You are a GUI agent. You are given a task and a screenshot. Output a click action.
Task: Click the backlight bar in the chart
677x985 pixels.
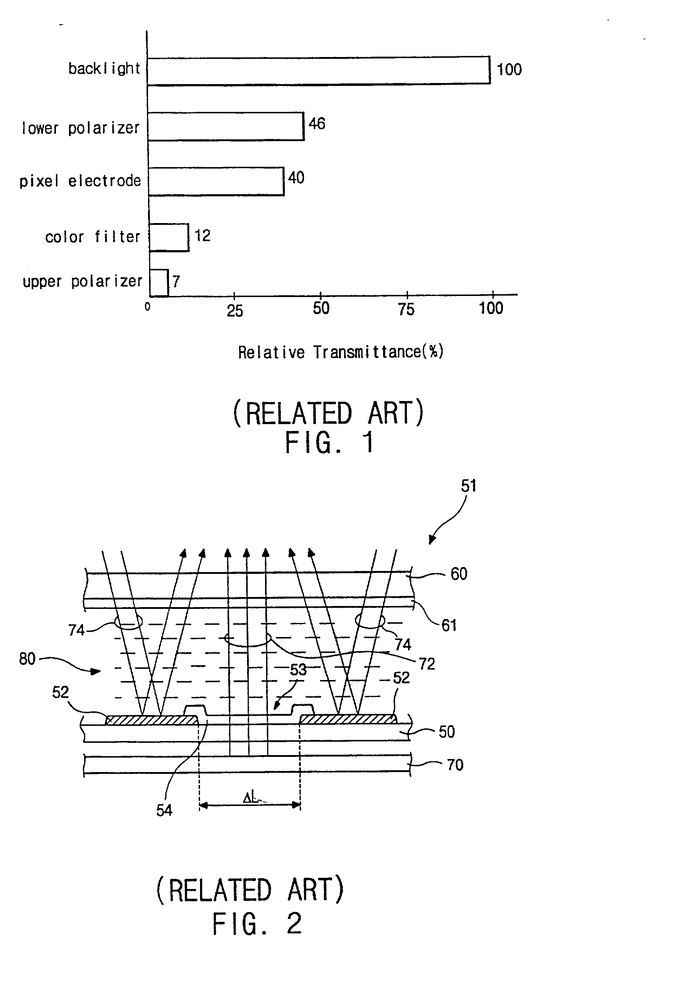[x=318, y=70]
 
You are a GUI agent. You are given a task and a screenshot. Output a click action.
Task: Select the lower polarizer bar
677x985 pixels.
[x=226, y=126]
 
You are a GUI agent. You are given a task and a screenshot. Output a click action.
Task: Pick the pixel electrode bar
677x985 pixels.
[x=216, y=182]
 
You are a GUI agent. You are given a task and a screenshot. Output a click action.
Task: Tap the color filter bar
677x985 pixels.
[x=169, y=237]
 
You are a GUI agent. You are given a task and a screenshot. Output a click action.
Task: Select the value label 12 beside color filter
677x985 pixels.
[x=202, y=236]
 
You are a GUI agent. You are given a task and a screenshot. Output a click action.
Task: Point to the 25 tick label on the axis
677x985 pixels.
[x=235, y=311]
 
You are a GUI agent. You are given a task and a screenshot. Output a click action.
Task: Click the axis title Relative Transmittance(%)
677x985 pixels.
[x=340, y=352]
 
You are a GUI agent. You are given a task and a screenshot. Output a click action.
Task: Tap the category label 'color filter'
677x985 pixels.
[x=92, y=237]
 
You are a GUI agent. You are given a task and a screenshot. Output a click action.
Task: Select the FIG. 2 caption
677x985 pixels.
[x=257, y=924]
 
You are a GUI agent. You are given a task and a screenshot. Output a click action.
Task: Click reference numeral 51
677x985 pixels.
[x=468, y=486]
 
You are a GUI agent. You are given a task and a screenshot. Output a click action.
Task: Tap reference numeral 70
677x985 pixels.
[x=455, y=765]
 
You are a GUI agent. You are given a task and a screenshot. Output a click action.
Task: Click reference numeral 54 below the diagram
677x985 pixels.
[x=164, y=810]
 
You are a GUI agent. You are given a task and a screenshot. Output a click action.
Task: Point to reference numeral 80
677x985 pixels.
[x=27, y=659]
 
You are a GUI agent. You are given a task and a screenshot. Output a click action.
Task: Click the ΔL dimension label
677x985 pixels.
[x=250, y=798]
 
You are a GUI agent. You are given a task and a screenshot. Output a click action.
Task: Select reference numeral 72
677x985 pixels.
[x=427, y=664]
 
